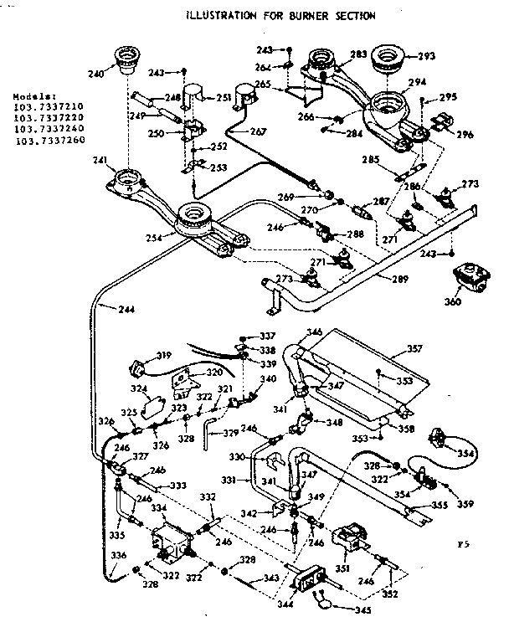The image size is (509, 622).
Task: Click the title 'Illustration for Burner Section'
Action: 280,14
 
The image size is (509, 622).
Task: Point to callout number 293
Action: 427,57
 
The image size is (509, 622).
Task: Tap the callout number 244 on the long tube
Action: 104,309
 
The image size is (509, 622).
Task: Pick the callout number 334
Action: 158,507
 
